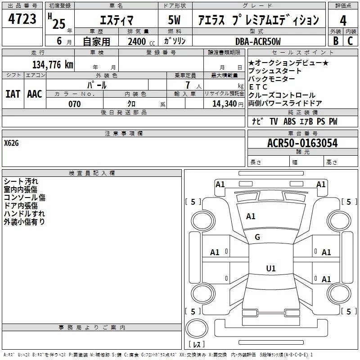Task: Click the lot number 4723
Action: pos(22,19)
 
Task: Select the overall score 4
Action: pos(343,21)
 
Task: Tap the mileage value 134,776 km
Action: pos(53,64)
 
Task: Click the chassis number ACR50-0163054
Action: pos(302,143)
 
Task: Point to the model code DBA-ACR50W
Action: pos(258,41)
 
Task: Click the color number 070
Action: pos(75,104)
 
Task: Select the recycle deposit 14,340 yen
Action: pos(228,104)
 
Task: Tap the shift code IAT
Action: pos(13,94)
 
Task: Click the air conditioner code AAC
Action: pos(35,94)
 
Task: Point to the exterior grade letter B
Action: pos(336,41)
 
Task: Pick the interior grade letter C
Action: pos(350,41)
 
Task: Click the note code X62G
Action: pos(11,143)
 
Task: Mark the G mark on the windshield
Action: pos(257,237)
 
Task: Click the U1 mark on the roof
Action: pos(271,268)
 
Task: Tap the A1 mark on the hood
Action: pos(251,216)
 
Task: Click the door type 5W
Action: pos(174,20)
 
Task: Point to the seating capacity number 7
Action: pos(188,85)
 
